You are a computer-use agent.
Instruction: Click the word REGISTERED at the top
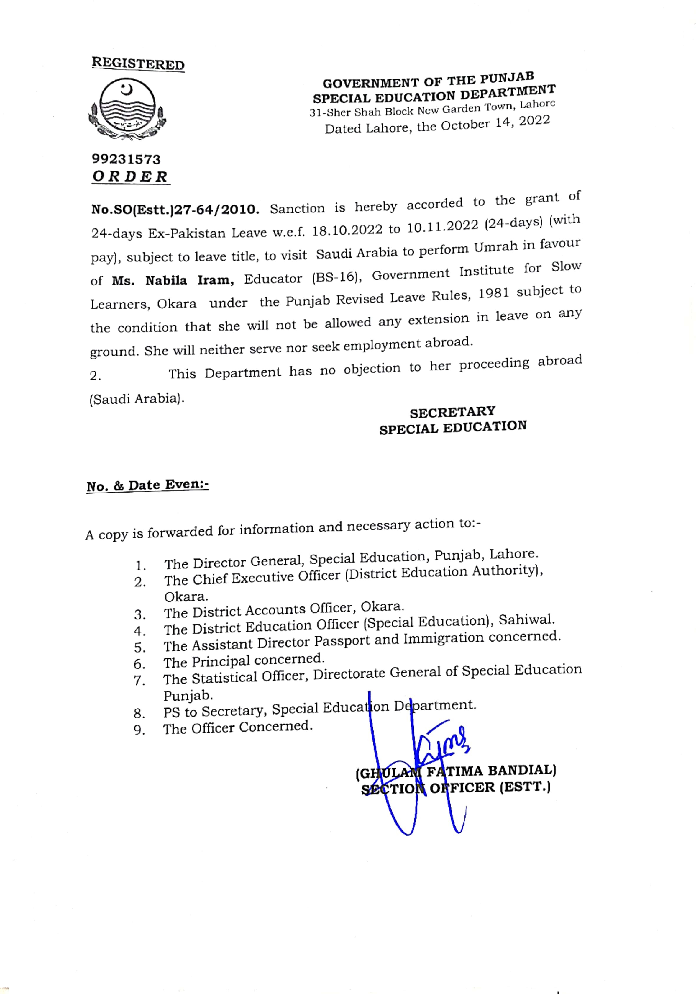[x=138, y=64]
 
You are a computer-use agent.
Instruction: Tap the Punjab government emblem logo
[x=127, y=109]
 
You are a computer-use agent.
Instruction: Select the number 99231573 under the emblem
[x=126, y=159]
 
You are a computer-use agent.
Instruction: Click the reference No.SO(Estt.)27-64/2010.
[x=175, y=210]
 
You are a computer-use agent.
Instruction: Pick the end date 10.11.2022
[x=442, y=226]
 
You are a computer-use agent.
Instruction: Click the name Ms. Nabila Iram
[x=173, y=281]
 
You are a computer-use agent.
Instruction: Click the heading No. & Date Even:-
[x=147, y=485]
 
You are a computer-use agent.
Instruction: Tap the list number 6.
[x=139, y=664]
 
